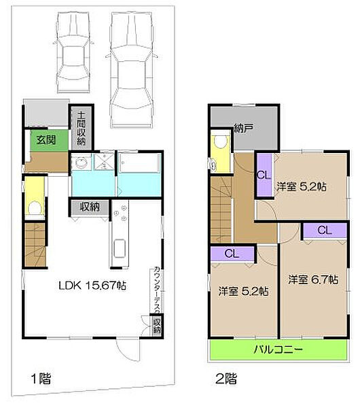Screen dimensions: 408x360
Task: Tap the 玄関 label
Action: click(46, 140)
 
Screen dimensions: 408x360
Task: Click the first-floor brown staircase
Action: click(34, 239)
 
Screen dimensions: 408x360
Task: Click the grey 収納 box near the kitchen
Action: click(87, 207)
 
